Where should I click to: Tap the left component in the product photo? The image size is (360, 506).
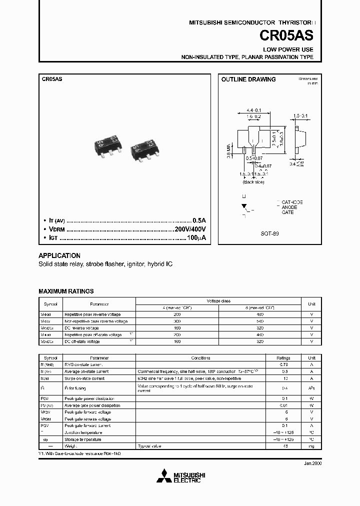(106, 143)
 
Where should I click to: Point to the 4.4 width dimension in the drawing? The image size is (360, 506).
(255, 110)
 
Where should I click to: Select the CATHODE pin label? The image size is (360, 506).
(292, 202)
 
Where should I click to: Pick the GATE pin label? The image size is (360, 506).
(287, 212)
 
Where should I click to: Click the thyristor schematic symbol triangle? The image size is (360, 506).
(244, 205)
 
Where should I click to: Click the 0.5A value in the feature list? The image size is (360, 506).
(199, 220)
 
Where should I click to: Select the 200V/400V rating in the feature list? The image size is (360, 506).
(190, 229)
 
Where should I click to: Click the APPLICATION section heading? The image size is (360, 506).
(59, 255)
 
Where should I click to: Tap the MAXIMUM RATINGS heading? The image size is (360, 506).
(66, 291)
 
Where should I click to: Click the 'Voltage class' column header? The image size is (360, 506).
(218, 301)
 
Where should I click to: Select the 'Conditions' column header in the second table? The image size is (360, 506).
(200, 358)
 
